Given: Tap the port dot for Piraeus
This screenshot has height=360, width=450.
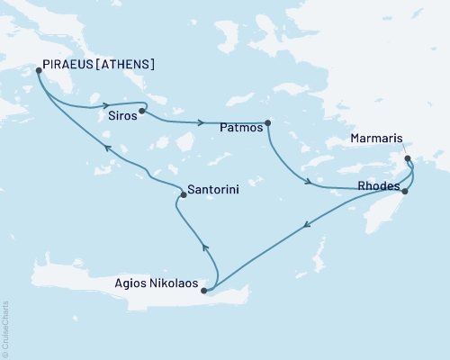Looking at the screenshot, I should (x=39, y=69).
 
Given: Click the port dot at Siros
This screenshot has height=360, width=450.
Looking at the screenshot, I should (x=142, y=112).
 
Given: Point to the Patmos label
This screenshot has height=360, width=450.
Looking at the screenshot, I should (x=241, y=129).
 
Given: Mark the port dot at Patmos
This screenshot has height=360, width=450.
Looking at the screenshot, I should (x=267, y=123).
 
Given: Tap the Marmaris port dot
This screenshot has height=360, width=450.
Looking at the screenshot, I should (x=408, y=158).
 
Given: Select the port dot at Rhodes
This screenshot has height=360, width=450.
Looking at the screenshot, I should (x=404, y=191).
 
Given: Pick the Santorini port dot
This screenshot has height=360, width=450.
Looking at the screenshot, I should (x=183, y=193).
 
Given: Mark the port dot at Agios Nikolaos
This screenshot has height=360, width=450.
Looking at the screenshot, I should (x=204, y=291).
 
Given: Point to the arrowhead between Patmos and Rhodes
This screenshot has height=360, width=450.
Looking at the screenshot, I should (x=309, y=183).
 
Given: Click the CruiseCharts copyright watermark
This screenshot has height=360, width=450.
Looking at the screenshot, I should (x=4, y=328).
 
